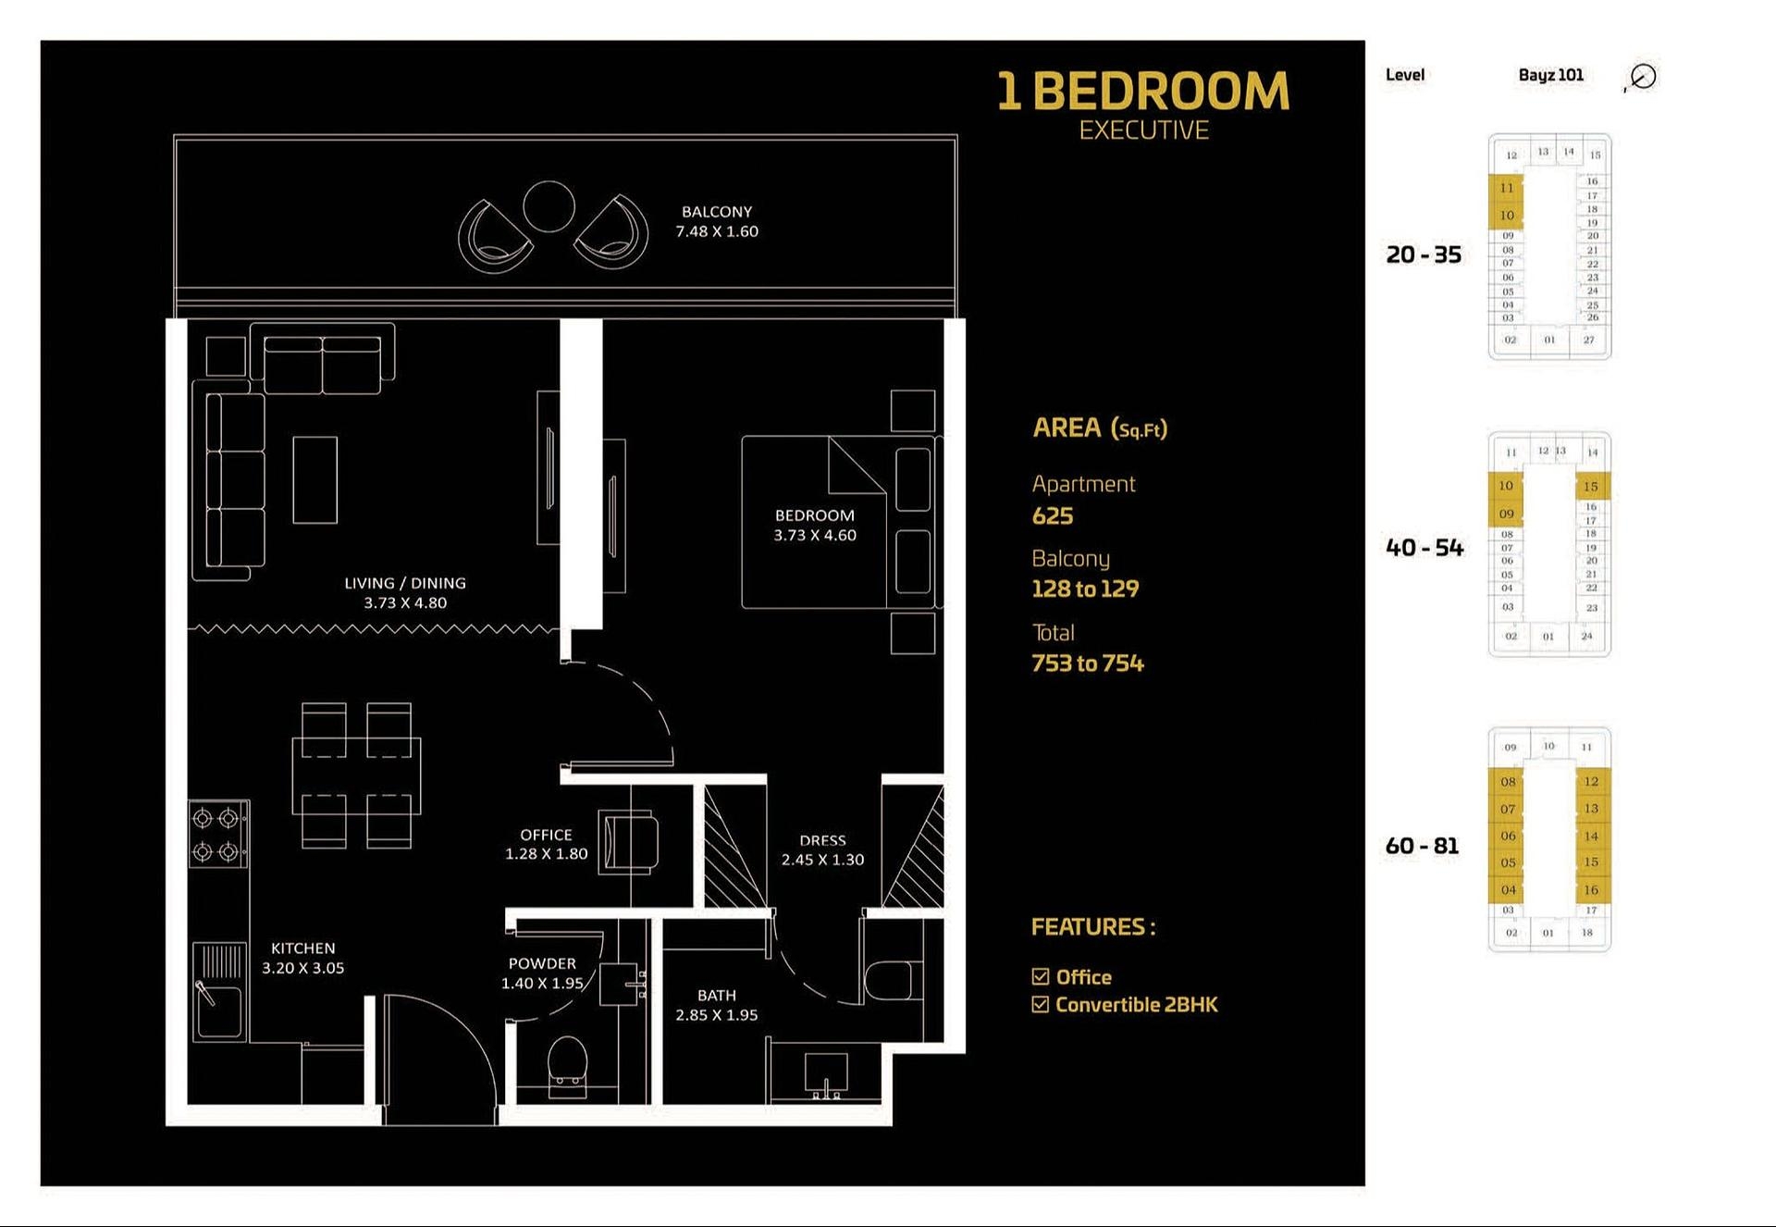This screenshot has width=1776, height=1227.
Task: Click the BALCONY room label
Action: click(717, 212)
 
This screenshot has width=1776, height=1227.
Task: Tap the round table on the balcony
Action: click(549, 206)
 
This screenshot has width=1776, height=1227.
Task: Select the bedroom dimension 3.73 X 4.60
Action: click(815, 536)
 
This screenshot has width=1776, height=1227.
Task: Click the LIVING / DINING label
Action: click(405, 583)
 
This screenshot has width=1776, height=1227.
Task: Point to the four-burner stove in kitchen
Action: click(217, 834)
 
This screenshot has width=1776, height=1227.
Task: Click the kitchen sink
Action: click(219, 1005)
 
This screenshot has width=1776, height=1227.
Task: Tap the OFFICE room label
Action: click(546, 835)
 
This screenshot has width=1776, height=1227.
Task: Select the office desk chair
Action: click(631, 841)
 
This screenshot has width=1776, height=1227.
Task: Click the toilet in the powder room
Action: click(567, 1064)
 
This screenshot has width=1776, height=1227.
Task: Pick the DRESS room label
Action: click(822, 840)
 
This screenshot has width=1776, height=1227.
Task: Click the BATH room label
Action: click(717, 995)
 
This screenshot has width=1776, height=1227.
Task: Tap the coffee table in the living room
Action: click(314, 479)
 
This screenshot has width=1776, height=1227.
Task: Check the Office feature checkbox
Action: click(1041, 977)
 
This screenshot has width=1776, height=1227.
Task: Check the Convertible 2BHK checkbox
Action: click(1041, 1005)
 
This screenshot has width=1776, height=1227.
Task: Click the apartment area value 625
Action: click(1053, 516)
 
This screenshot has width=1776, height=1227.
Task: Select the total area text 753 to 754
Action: click(1088, 663)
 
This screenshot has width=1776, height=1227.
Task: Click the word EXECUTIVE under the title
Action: click(1143, 130)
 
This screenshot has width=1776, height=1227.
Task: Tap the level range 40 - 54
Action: click(1424, 548)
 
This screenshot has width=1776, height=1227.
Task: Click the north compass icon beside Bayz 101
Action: click(1642, 77)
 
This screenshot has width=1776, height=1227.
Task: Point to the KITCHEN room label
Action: click(302, 948)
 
